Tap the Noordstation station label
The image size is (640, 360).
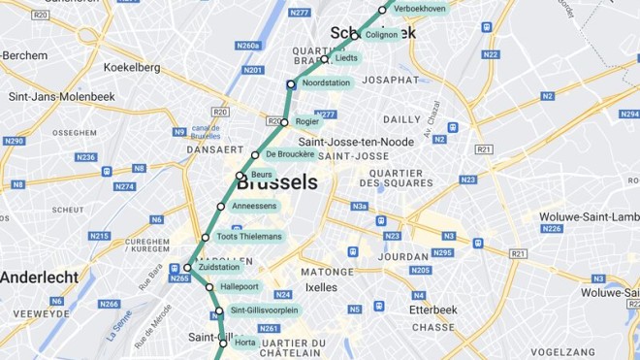click(x=326, y=83)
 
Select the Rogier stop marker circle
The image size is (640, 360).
click(x=284, y=122)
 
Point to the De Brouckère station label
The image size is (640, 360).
click(x=289, y=154)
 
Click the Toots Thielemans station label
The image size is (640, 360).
click(x=249, y=237)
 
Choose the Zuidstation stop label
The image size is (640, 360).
click(x=218, y=267)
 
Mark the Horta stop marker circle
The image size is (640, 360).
click(x=223, y=344)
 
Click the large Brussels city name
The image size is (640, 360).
click(x=277, y=182)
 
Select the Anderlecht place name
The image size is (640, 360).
click(x=39, y=277)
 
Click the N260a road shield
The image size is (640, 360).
click(x=248, y=46)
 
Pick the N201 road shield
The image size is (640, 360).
click(x=254, y=70)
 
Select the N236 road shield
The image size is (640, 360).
click(x=86, y=157)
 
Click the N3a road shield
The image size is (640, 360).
click(x=360, y=206)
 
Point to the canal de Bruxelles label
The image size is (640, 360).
click(x=206, y=132)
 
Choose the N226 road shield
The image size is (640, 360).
click(x=552, y=229)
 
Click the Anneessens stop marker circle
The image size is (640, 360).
click(x=221, y=207)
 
